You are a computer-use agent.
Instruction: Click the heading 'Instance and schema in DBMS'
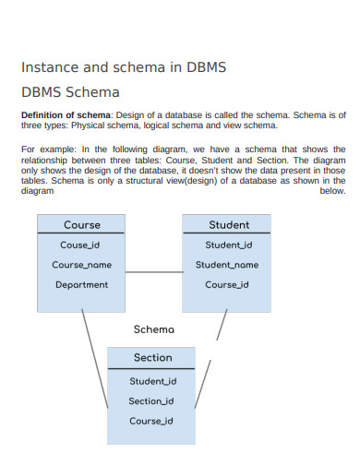coord(124,67)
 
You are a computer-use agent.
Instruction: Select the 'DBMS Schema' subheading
coord(70,92)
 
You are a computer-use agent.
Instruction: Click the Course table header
coord(82,224)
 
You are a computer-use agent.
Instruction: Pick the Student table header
coord(228,224)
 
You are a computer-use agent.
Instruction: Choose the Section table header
coord(152,357)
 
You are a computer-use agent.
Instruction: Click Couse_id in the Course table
coord(81,245)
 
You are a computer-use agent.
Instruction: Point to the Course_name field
coord(81,265)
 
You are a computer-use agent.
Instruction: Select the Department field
coord(81,284)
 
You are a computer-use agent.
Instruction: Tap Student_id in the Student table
coord(228,245)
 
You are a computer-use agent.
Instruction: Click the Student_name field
coord(227,265)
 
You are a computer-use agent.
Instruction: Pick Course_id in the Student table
coord(227,284)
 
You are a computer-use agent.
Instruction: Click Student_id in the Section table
coord(152,380)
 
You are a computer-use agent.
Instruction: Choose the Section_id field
coord(151,400)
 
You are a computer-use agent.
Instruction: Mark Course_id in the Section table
coord(151,421)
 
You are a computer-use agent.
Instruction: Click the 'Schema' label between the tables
coord(153,329)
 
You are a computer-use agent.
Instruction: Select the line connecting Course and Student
coord(153,272)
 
